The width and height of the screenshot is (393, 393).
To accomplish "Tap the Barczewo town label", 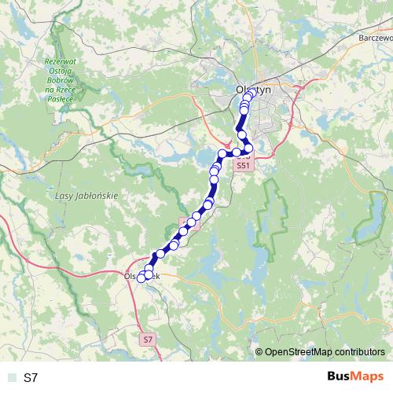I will coord(374,37).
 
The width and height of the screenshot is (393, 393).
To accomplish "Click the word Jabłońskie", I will coord(99,193).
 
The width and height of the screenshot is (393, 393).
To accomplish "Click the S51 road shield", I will coord(244,166).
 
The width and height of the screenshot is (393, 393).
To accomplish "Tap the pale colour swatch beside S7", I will coord(11,378).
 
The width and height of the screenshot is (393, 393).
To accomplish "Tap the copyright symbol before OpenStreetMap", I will coord(259,352).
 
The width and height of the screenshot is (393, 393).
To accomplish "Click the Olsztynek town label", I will coord(142,277).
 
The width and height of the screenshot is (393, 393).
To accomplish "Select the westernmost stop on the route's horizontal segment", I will coord(222,153).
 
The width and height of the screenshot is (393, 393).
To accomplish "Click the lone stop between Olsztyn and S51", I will coord(242,135).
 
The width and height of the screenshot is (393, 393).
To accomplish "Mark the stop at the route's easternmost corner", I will coord(249,148).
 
